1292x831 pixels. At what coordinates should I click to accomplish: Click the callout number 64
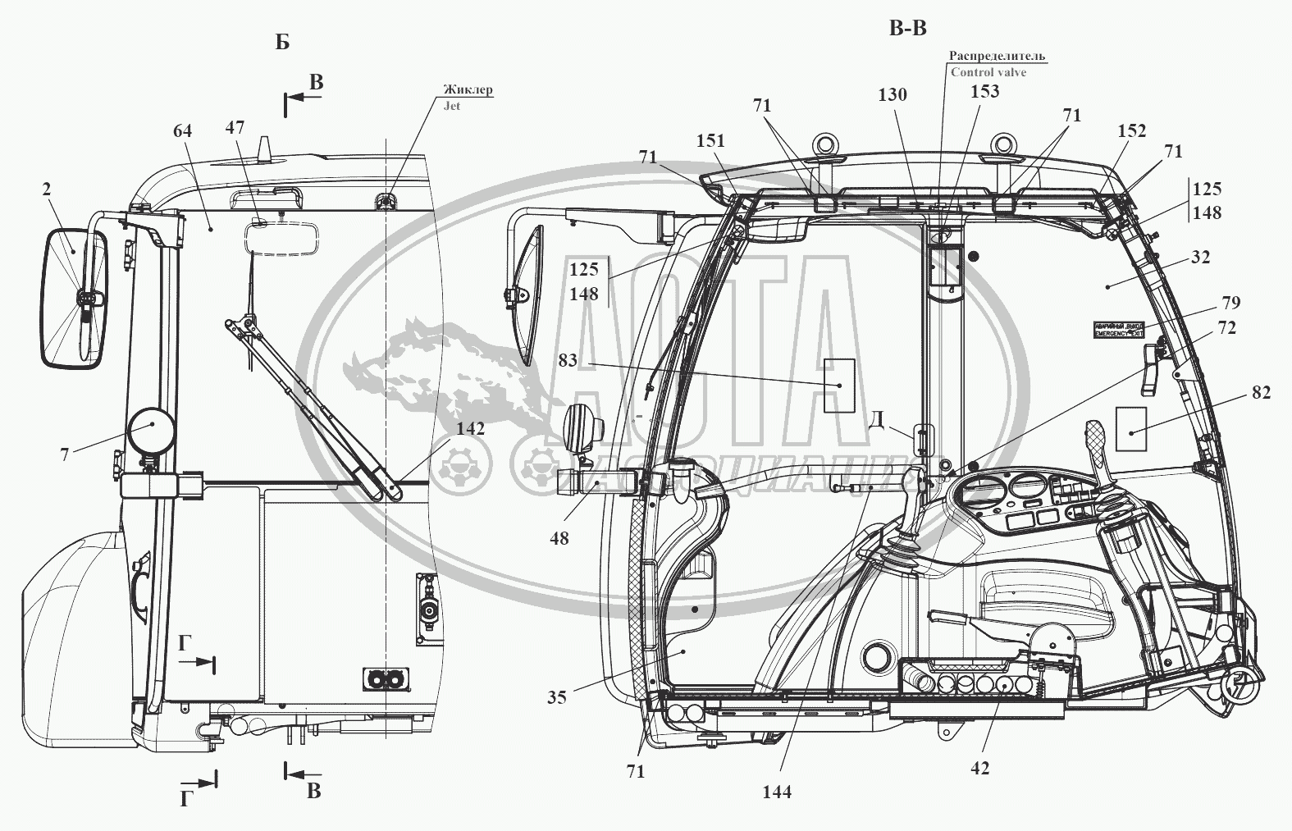(184, 130)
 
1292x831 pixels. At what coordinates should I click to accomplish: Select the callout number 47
(235, 127)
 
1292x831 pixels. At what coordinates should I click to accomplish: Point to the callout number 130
(892, 95)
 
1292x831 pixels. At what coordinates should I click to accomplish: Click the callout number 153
(984, 91)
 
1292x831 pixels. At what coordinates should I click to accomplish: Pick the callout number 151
(710, 140)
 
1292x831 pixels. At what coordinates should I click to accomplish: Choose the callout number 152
(1131, 131)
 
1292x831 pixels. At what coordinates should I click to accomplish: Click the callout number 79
(1230, 303)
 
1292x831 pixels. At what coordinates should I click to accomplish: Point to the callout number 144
(776, 792)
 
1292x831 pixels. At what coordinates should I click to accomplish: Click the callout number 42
(979, 768)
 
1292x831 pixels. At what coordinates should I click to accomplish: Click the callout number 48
(560, 538)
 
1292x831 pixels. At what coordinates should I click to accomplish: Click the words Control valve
(988, 72)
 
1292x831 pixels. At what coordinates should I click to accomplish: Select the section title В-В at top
(907, 29)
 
